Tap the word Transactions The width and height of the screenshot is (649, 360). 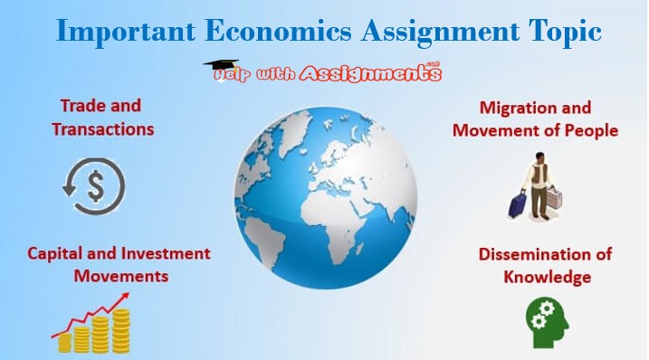click(102, 128)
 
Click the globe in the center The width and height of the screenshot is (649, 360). click(325, 200)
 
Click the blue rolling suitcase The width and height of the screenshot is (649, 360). click(519, 204)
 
